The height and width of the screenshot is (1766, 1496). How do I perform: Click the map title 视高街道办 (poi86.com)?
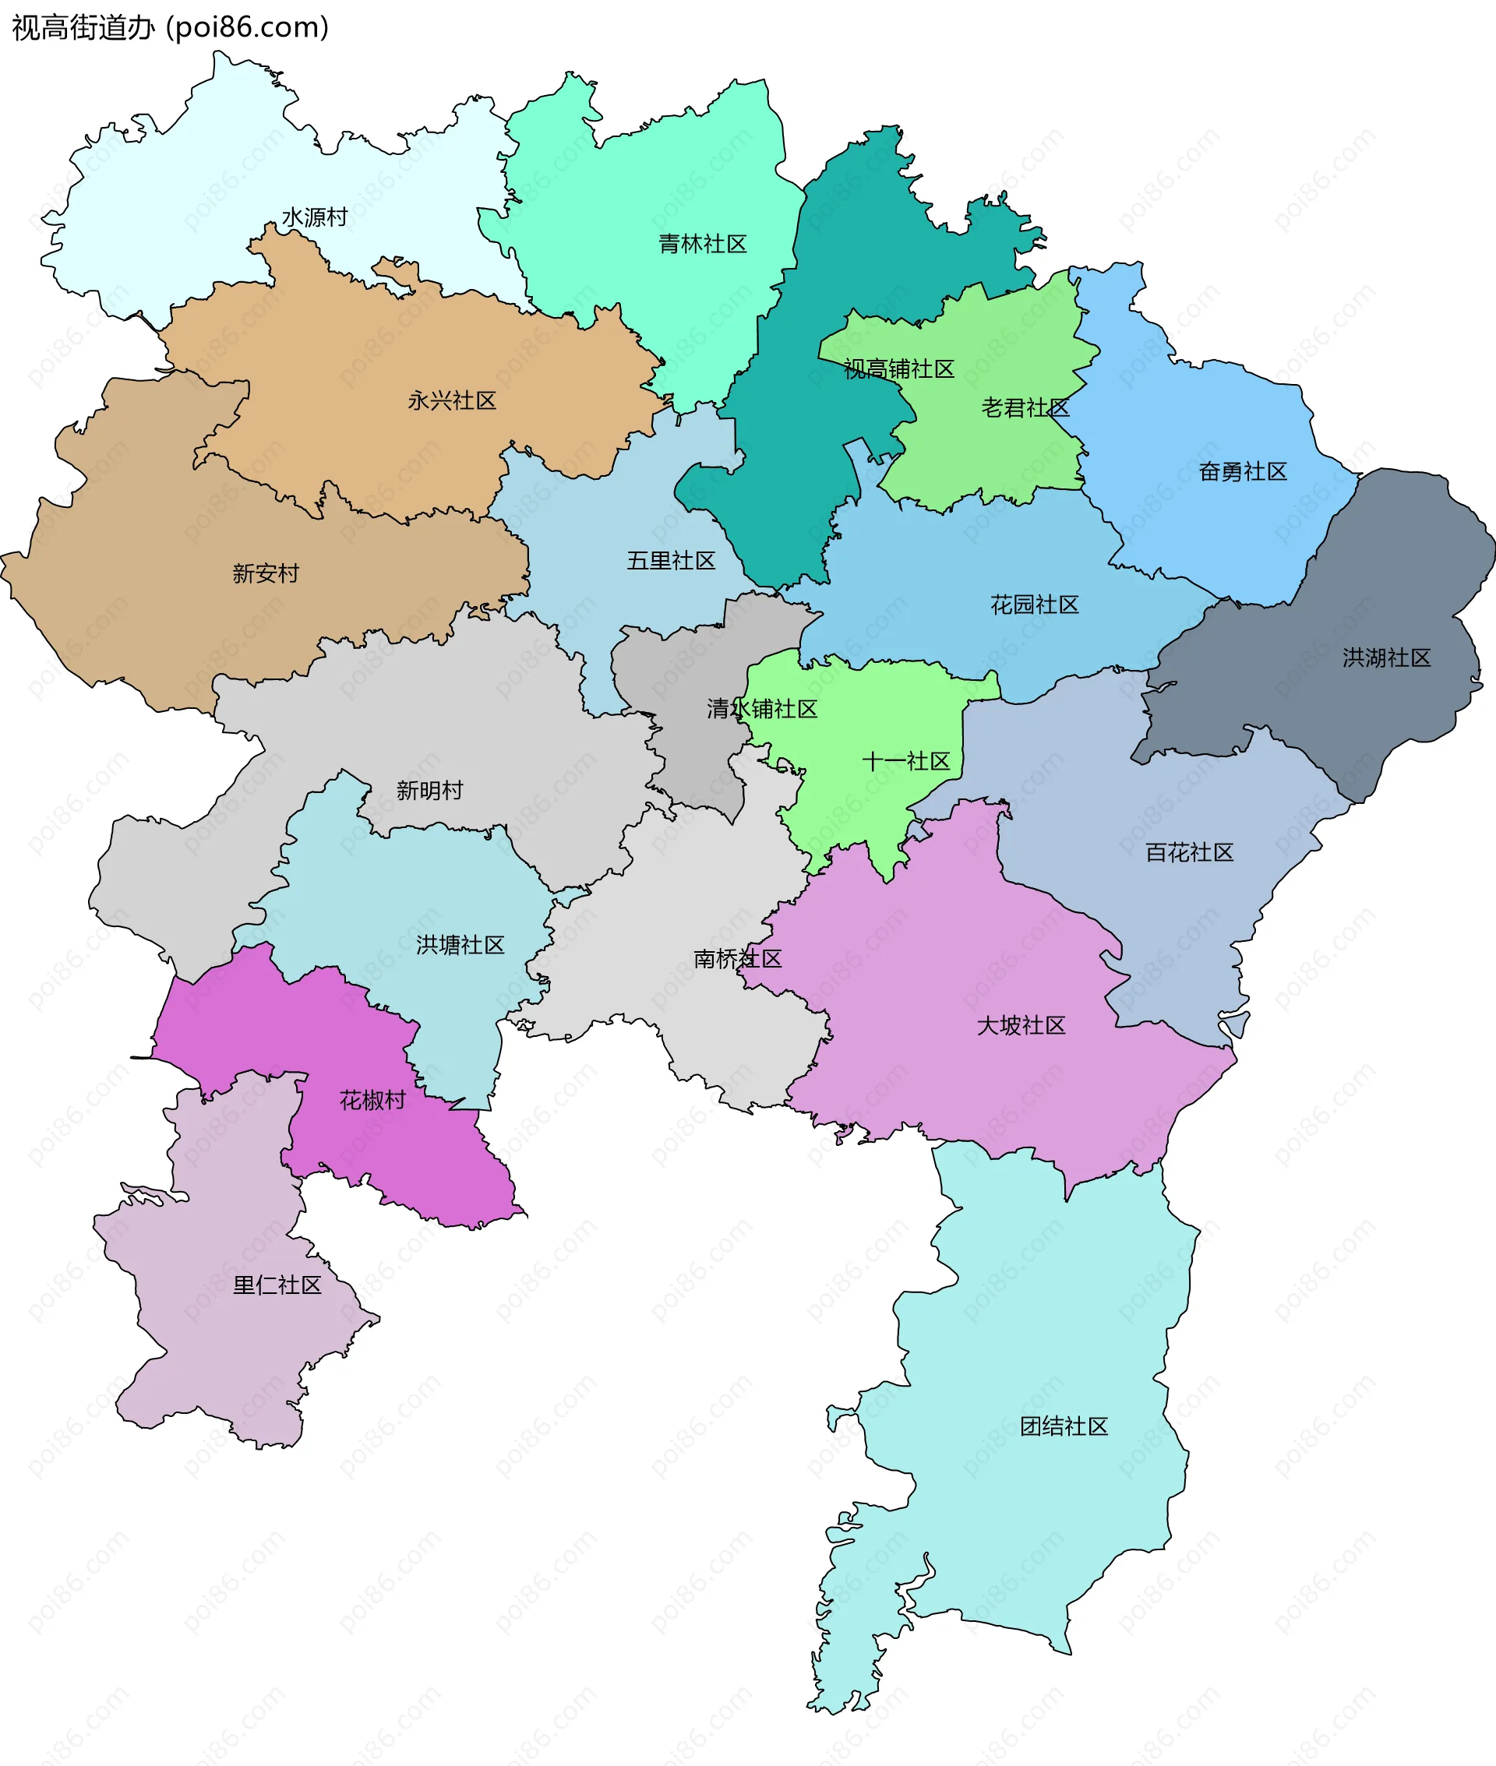[x=170, y=28]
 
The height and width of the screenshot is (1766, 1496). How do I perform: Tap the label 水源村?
[x=315, y=218]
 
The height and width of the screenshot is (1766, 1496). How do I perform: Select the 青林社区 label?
[x=702, y=244]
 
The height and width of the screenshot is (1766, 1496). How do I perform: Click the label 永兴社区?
[x=452, y=400]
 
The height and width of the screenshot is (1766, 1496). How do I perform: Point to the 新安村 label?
[x=266, y=573]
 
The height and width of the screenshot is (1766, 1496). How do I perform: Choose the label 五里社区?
[x=671, y=560]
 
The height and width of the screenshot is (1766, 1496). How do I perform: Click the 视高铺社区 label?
[x=899, y=368]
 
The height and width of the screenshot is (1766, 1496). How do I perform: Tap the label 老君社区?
[x=1025, y=407]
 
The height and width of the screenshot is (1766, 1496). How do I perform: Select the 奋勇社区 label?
[x=1243, y=471]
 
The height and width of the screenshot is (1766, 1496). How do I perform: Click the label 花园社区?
[x=1035, y=605]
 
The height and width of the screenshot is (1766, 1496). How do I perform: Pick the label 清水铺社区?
[x=761, y=709]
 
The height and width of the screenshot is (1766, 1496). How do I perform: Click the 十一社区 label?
[x=905, y=761]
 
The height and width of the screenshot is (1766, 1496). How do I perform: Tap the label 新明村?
[x=430, y=790]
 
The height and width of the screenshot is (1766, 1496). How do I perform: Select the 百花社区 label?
[x=1189, y=852]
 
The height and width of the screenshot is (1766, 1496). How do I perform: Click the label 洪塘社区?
[x=460, y=944]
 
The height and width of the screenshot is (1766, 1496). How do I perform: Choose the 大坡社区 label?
[x=1021, y=1025]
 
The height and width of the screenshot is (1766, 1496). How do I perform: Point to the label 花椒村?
[x=372, y=1101]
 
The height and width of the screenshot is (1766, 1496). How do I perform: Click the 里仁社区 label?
[x=277, y=1285]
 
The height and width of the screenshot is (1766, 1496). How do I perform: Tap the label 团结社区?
[x=1064, y=1426]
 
